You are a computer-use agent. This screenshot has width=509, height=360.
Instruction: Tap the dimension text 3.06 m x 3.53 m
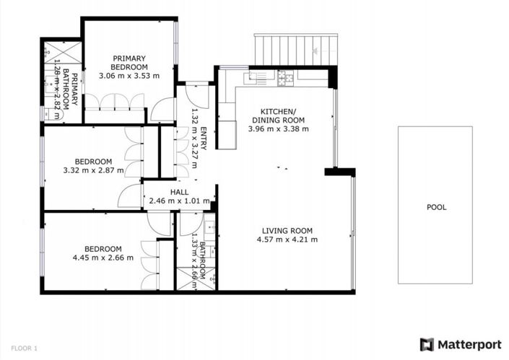coord(129,74)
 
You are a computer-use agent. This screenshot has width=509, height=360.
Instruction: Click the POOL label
coord(436,207)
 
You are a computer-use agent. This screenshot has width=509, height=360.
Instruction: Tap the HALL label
coord(179,192)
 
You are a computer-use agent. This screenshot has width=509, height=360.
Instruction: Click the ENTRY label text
coord(204,138)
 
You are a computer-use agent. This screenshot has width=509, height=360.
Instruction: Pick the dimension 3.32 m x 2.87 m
coord(95,171)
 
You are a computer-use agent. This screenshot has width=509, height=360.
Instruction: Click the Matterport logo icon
coord(427,344)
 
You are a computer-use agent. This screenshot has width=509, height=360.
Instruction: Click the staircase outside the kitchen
coord(295,49)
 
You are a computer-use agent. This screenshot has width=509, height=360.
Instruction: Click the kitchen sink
coord(256,74)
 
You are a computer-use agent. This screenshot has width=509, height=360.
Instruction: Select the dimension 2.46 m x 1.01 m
coord(179,201)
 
